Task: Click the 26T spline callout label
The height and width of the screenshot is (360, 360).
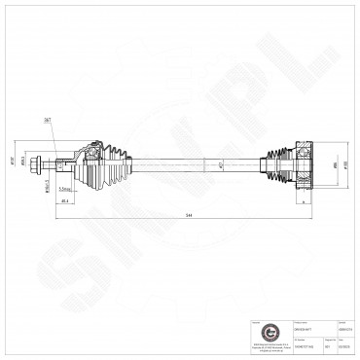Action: point(74,119)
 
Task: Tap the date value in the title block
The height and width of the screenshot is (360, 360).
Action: point(344,344)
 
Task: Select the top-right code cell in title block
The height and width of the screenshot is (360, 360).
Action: point(344,331)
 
